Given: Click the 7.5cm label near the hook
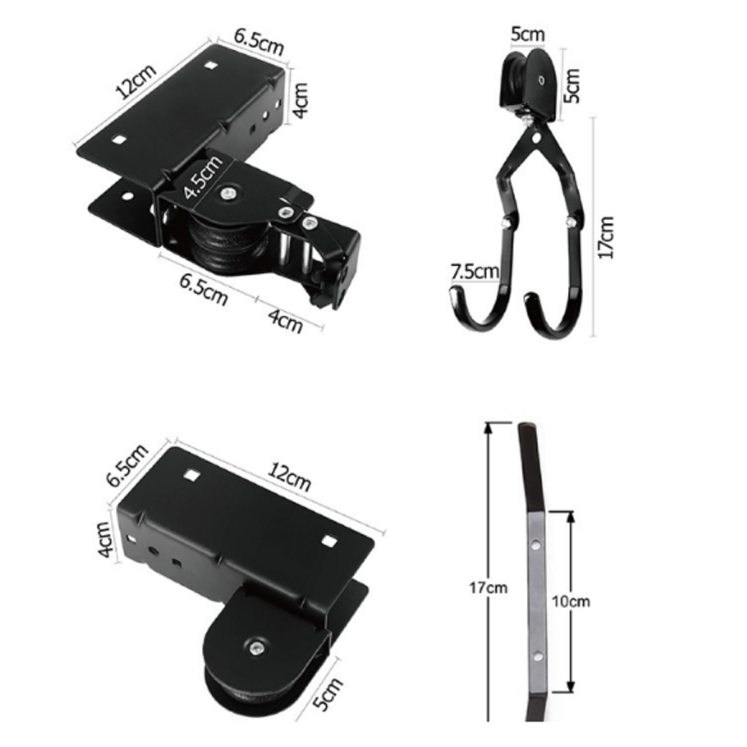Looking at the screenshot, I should coord(475,271).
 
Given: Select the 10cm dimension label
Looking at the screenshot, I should coord(570,601).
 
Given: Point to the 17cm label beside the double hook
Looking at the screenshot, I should coord(605,237).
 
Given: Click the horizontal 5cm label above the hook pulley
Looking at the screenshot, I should coord(528,35).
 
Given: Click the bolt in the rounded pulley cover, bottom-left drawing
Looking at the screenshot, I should coord(255,649).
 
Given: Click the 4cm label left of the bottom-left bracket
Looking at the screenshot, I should coord(105,539).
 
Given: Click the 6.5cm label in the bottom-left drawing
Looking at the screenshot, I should coord(128,466).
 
